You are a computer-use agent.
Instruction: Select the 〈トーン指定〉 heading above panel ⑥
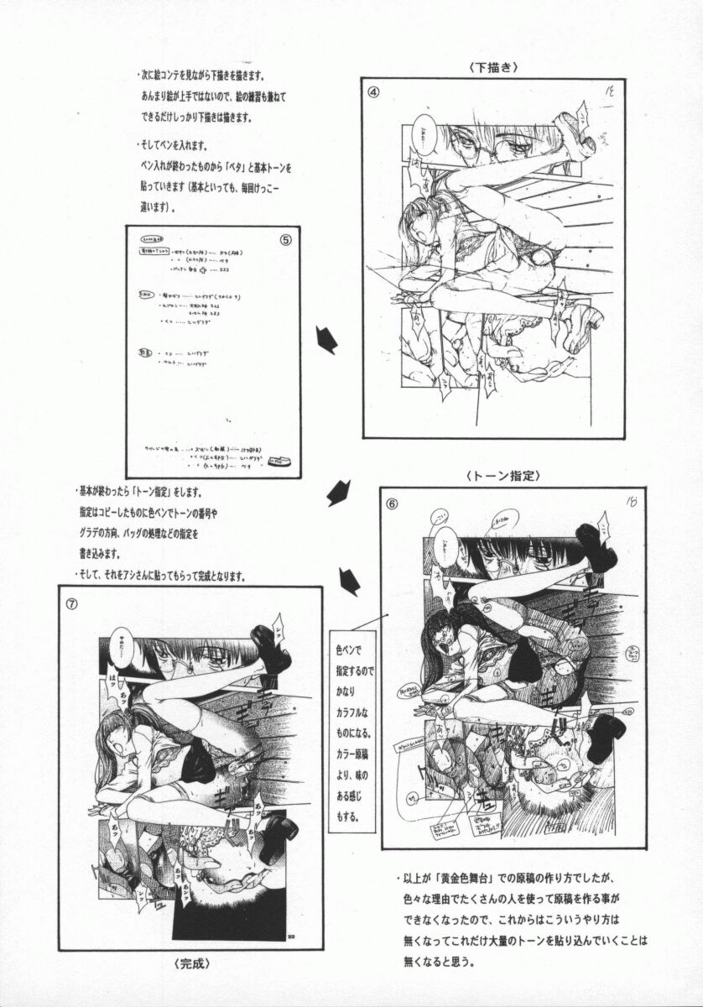coord(501,475)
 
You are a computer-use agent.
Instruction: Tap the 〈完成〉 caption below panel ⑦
coord(182,963)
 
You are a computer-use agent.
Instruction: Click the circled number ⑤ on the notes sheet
coord(285,238)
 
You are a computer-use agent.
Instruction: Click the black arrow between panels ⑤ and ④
coord(325,339)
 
